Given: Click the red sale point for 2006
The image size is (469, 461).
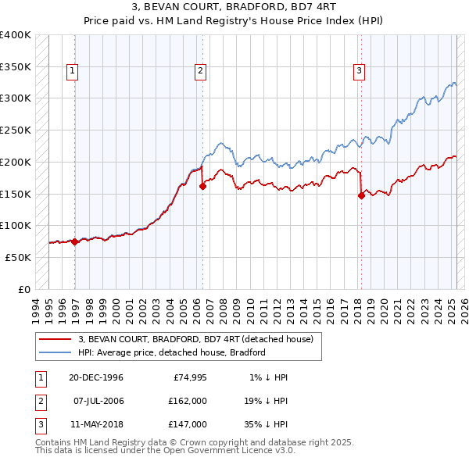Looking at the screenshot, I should [202, 186].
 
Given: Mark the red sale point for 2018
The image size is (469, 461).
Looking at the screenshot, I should [361, 196].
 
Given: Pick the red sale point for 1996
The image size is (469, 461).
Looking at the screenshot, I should [75, 241].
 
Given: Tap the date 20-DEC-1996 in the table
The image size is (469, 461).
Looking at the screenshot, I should [96, 377].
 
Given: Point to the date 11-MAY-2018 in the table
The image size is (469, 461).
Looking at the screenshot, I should [96, 424].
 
